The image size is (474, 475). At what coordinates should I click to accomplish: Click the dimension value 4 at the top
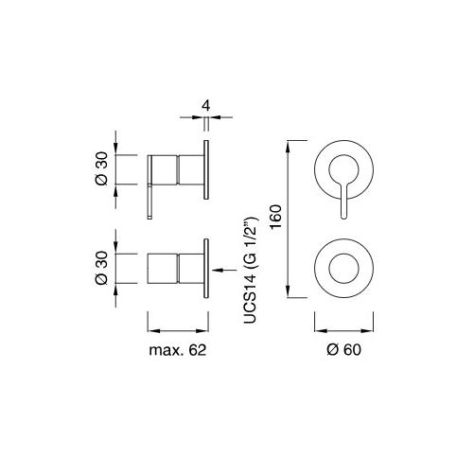tap(206, 106)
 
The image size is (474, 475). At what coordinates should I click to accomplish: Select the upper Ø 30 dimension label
tap(102, 168)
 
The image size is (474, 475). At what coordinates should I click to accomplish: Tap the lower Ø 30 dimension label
tap(102, 268)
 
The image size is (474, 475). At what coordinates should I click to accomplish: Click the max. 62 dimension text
tap(178, 350)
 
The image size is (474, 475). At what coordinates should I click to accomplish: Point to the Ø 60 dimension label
tap(343, 350)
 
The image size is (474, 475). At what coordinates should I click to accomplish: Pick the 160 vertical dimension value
tap(276, 217)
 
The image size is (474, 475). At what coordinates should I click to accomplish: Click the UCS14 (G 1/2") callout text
tap(251, 270)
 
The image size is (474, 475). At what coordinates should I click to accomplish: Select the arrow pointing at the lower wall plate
tap(225, 270)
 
